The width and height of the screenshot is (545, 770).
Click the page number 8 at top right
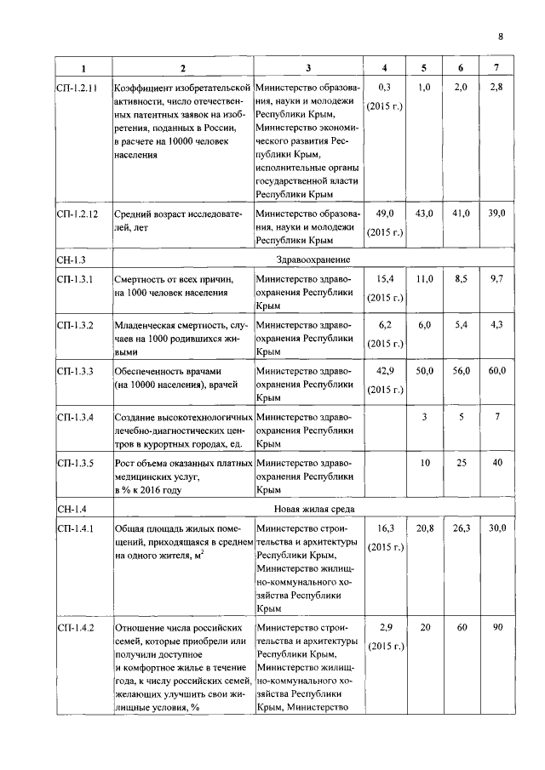pos(501,36)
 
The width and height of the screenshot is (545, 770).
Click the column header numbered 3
pos(308,67)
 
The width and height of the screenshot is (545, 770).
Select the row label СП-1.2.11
pos(77,88)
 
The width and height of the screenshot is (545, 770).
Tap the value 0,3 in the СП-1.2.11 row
pos(386,88)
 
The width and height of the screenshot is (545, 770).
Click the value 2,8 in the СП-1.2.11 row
pos(496,88)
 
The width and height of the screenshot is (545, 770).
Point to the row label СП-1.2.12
pos(77,214)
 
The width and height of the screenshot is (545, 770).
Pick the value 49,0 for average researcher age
pos(386,214)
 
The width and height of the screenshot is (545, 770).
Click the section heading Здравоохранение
pos(313,259)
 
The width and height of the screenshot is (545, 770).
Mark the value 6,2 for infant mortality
pos(386,325)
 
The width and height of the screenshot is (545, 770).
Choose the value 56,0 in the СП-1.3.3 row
pos(461,371)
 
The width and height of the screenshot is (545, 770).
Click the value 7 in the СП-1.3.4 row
pos(496,417)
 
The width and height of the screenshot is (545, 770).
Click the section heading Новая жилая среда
pos(313,509)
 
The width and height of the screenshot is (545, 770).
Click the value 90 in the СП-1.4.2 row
pos(496,627)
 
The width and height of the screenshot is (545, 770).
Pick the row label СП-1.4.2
pos(76,627)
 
